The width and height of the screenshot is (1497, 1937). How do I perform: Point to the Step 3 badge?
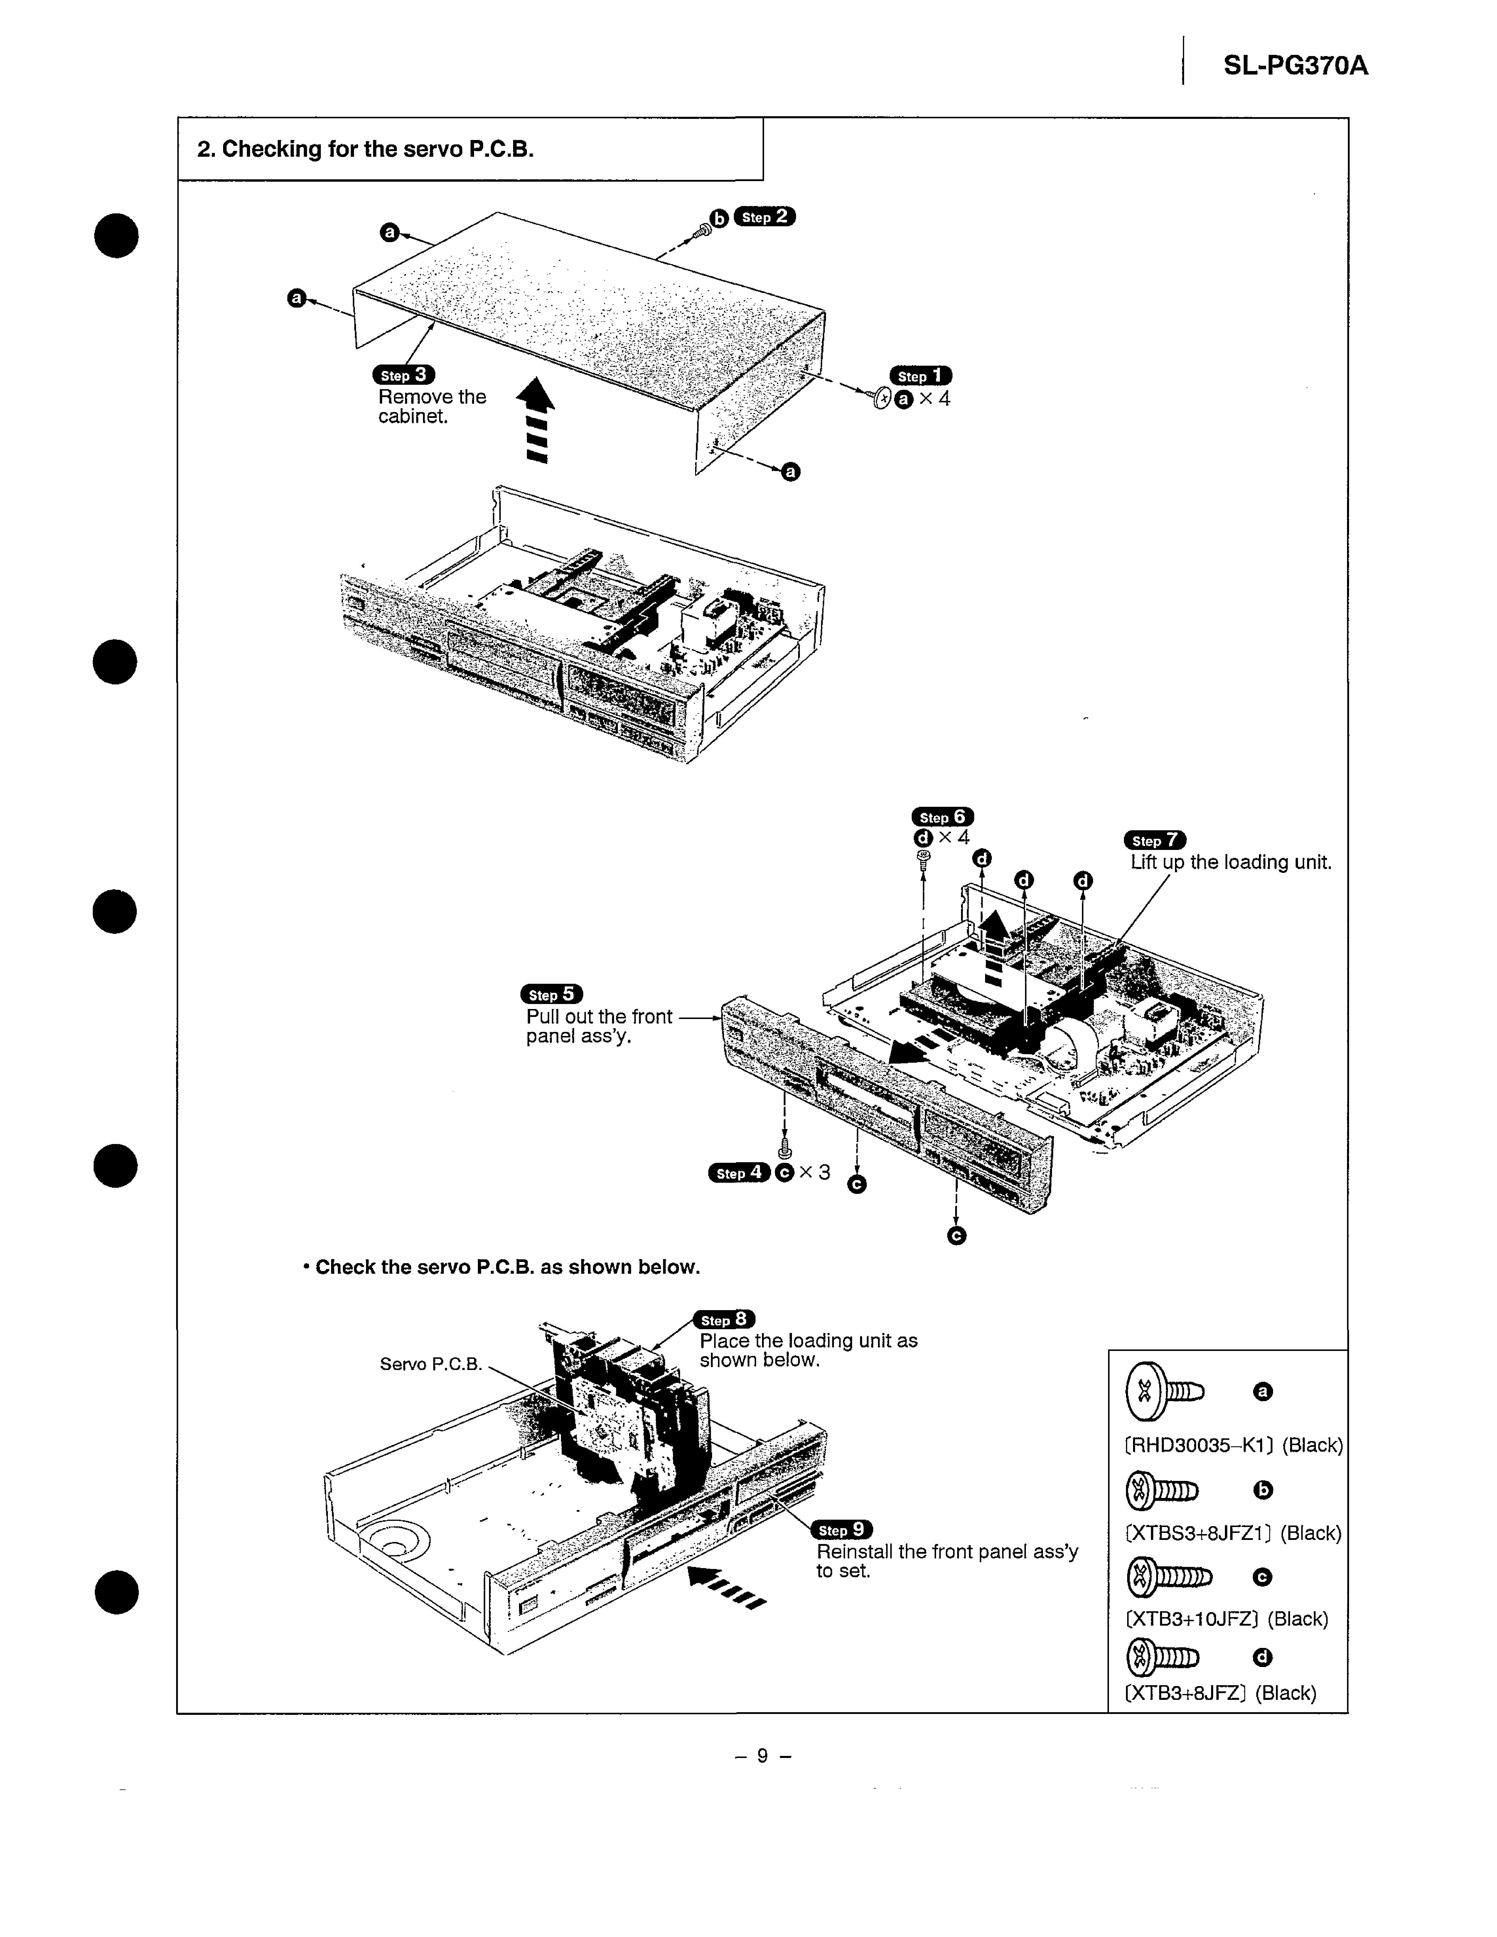404,375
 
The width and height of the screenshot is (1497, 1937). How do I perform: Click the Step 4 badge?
739,1172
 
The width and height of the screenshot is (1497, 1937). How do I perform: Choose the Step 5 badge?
551,994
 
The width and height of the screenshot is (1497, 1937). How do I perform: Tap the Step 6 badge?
942,817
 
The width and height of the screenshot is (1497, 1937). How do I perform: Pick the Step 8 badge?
724,1320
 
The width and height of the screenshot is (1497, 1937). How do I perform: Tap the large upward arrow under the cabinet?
536,419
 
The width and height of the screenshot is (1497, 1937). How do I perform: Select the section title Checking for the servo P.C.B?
365,149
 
